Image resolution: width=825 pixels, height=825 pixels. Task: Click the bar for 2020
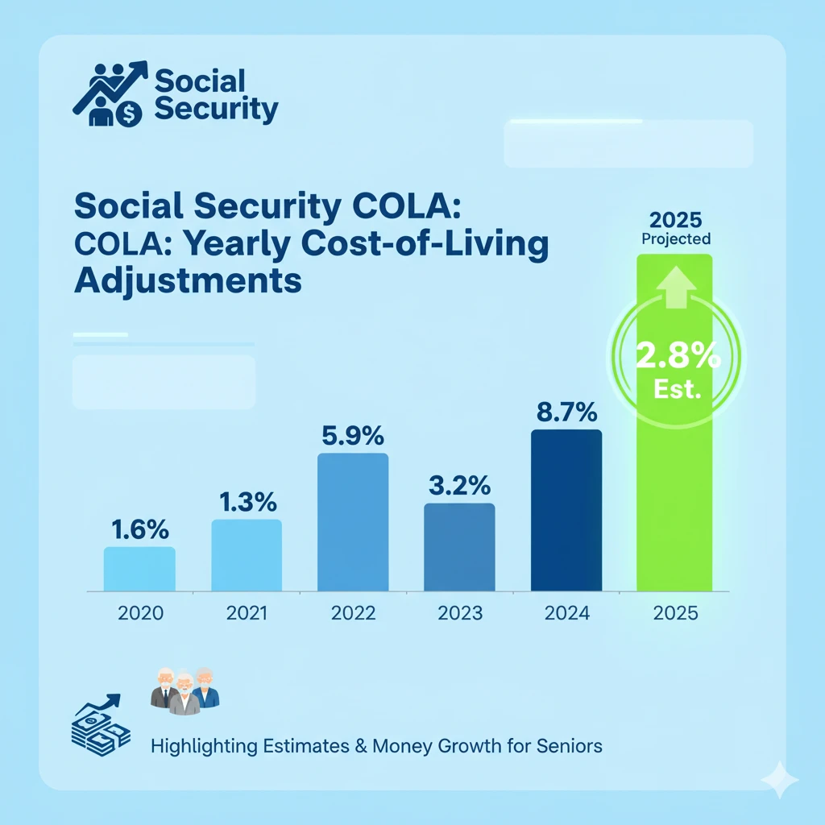139,569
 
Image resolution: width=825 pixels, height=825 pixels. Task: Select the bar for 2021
247,556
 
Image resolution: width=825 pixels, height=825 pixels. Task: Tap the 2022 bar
353,522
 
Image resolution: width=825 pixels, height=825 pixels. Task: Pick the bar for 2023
459,548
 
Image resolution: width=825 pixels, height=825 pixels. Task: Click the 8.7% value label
566,414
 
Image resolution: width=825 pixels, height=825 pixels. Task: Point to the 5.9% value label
353,437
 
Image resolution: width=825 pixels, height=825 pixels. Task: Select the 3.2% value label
459,487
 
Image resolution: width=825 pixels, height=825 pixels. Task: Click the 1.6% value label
139,531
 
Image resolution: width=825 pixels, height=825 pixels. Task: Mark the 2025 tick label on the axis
674,613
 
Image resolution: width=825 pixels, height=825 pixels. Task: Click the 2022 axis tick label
353,613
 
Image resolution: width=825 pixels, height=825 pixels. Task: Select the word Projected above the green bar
675,239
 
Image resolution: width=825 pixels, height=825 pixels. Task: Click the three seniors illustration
184,689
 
